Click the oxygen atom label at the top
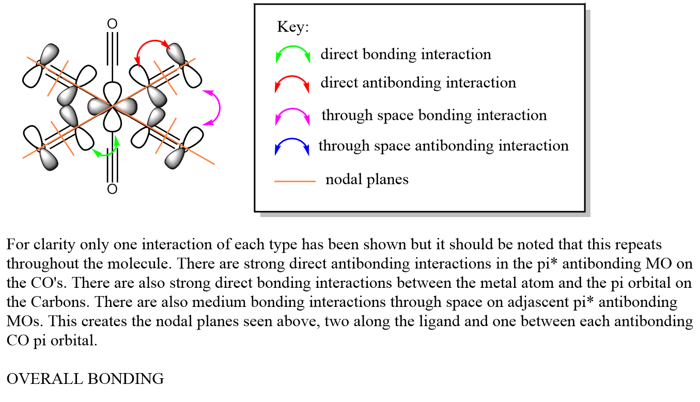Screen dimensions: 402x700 click(112, 24)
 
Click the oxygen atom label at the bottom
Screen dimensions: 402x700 click(112, 189)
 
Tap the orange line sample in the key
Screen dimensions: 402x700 click(294, 181)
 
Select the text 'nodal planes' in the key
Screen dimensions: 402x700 click(367, 179)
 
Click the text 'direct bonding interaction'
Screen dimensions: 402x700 click(406, 54)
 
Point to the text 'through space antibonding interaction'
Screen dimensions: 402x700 click(443, 146)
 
